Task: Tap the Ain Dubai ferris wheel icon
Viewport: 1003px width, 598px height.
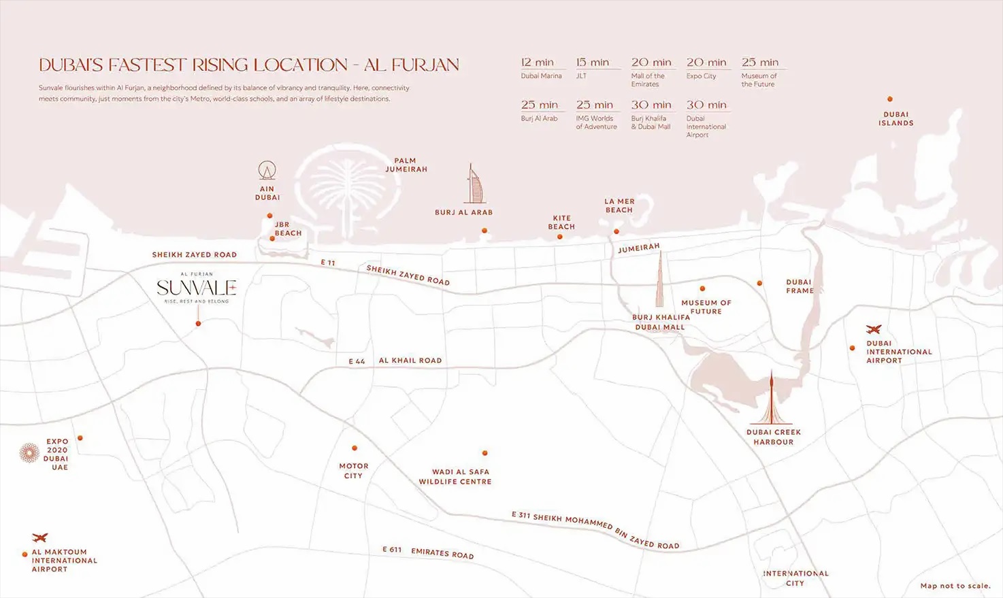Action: click(x=267, y=171)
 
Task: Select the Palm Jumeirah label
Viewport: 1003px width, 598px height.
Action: click(x=406, y=165)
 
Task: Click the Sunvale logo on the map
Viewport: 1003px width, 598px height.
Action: click(x=197, y=288)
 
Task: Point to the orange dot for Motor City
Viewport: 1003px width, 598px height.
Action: click(x=355, y=448)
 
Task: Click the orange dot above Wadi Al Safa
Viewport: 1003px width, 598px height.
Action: click(x=485, y=453)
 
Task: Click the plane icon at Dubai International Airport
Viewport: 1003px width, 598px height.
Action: click(x=874, y=330)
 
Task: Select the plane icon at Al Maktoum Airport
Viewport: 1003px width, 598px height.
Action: click(x=40, y=538)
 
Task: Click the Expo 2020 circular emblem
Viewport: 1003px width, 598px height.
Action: click(x=29, y=453)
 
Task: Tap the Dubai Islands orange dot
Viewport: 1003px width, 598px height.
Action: click(x=890, y=99)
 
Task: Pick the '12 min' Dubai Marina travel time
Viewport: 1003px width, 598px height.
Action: click(x=538, y=63)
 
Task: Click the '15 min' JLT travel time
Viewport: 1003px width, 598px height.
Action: click(x=593, y=63)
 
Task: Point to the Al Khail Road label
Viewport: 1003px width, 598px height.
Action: click(x=410, y=361)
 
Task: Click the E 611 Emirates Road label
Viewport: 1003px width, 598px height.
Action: click(x=428, y=552)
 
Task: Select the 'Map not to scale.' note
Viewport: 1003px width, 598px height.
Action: click(x=955, y=586)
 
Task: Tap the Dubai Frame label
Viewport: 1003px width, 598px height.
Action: click(x=800, y=286)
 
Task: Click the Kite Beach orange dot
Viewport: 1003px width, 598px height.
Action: click(x=560, y=237)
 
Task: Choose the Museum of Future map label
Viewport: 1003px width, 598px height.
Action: click(x=706, y=307)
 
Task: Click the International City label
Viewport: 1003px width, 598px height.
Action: click(x=795, y=578)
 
